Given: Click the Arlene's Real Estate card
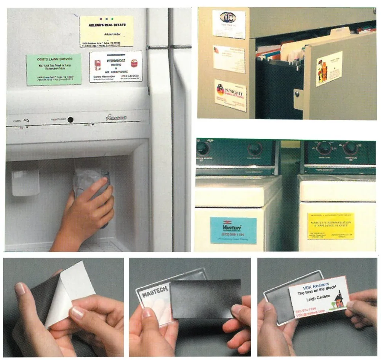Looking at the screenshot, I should pos(106,31).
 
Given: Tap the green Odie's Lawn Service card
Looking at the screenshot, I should pos(54,69).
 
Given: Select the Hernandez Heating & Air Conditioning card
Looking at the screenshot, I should pos(116,66).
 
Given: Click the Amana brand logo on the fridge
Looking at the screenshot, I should pos(117,118).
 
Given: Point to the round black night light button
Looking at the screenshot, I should pos(70,119).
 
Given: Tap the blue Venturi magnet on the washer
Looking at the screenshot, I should pos(233,230).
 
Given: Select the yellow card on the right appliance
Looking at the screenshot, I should pos(331,226).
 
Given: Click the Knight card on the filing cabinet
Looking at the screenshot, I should pos(230,95).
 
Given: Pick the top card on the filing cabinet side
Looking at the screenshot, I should pos(229,24).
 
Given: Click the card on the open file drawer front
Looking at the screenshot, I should pos(329,68).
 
